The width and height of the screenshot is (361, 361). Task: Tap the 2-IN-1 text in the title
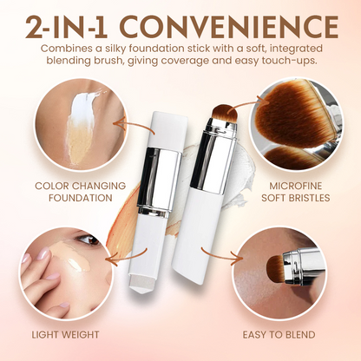pyautogui.click(x=76, y=23)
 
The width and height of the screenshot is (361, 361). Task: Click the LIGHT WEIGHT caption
pyautogui.click(x=68, y=333)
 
